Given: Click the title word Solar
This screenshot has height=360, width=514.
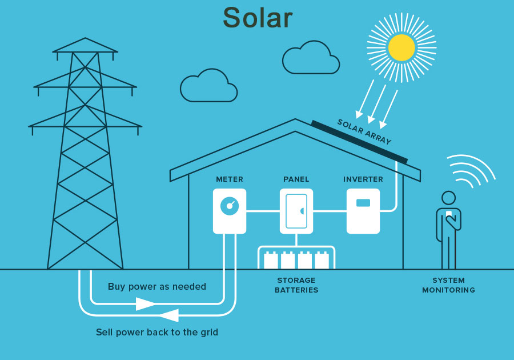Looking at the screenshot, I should tap(257, 18).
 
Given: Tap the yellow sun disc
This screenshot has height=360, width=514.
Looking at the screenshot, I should tap(401, 47).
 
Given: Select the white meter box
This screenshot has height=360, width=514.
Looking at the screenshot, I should tap(230, 211).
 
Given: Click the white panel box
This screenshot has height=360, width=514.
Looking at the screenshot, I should tap(296, 211).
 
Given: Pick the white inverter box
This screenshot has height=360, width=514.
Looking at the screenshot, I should tap(363, 211).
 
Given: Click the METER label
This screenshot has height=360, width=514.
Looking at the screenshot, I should tap(230, 179).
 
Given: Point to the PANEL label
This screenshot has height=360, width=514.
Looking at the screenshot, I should tap(296, 179).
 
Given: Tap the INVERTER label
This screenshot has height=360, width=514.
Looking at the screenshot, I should tap(363, 179).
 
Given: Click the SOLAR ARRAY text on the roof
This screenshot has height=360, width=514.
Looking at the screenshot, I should tap(364, 132).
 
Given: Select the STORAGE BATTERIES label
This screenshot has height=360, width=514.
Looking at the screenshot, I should tap(296, 285).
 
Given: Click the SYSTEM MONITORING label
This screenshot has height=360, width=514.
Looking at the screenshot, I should tap(448, 285).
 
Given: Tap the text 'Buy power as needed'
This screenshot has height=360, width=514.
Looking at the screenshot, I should tap(157, 287).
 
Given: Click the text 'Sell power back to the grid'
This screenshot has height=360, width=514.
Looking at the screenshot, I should tap(157, 332).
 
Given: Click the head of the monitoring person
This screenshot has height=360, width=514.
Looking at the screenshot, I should tap(448, 198).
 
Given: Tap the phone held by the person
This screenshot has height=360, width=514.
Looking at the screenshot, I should tap(449, 215).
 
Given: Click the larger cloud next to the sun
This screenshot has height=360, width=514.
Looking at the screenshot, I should tap(310, 58).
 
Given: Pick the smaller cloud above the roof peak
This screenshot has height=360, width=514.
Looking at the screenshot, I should tap(208, 87).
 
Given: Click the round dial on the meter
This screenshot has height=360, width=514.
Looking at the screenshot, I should tap(228, 205).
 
